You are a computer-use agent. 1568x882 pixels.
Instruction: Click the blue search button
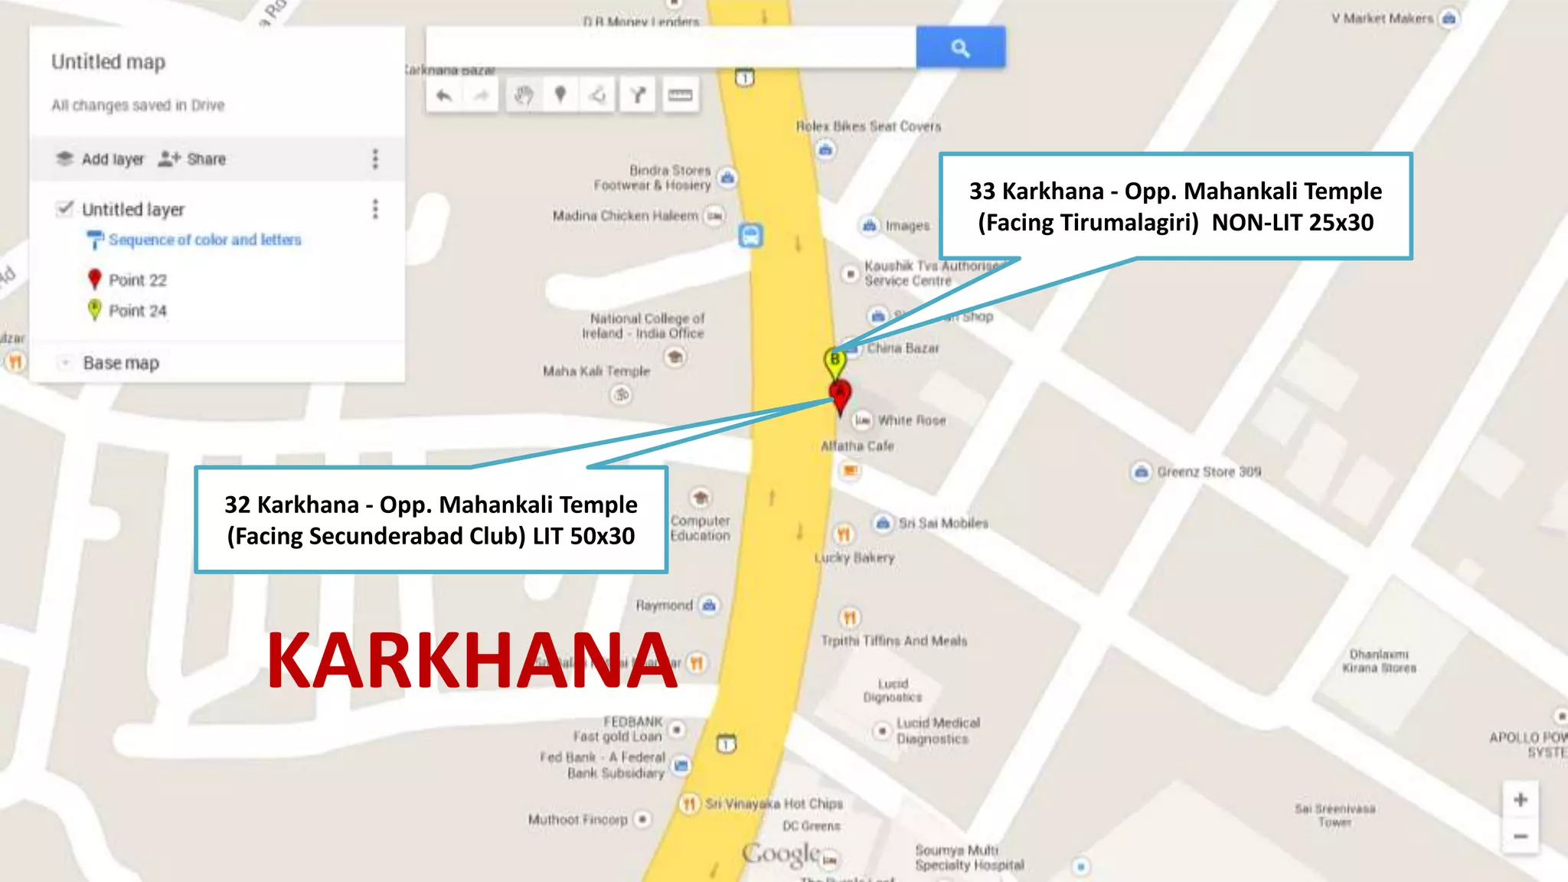[960, 47]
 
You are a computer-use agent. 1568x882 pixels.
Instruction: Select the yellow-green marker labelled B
[835, 360]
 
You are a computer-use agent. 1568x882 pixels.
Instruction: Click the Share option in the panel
[193, 159]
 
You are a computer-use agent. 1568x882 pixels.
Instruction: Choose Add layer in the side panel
[100, 159]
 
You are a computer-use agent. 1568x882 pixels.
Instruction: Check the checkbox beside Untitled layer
[65, 208]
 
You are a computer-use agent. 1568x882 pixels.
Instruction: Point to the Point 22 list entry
[137, 280]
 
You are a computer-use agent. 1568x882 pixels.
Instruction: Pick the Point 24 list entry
[137, 311]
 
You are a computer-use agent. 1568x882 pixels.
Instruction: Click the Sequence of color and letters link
[204, 240]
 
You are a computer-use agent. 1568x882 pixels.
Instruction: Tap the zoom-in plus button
[1521, 800]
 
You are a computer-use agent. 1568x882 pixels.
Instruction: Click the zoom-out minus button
[1521, 836]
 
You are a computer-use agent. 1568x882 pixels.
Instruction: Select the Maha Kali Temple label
[596, 371]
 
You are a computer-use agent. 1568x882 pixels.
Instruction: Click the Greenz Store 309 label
[1208, 472]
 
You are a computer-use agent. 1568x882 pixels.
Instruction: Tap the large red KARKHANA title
[472, 660]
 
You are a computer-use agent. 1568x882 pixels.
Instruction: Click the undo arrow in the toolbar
[444, 96]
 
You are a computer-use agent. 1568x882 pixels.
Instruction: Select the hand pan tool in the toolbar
[524, 96]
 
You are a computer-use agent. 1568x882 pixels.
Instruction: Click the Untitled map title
[108, 62]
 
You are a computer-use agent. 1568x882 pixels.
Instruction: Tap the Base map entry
[121, 363]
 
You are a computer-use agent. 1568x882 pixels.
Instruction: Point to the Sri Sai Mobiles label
[942, 523]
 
